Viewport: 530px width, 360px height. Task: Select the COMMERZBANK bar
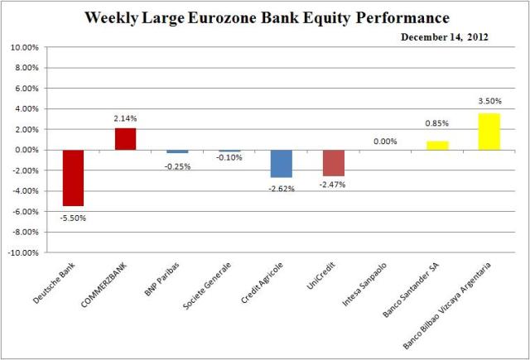coord(125,139)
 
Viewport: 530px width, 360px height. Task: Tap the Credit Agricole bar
coord(281,163)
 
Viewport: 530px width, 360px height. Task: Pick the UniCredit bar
coord(333,162)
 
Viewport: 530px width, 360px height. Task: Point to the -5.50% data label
coord(73,218)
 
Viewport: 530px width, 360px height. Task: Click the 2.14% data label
coord(125,118)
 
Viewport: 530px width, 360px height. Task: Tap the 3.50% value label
coord(488,101)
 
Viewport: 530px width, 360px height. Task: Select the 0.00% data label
coord(384,142)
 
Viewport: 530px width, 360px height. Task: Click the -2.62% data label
coord(281,187)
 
